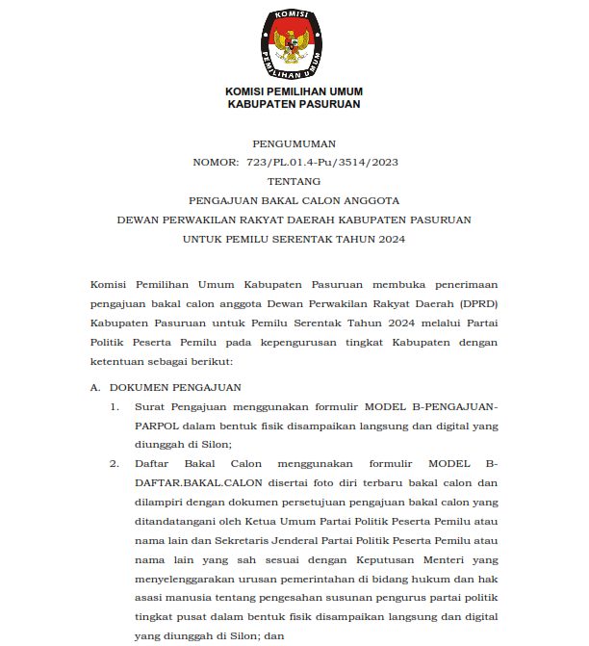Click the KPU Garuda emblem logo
tap(294, 44)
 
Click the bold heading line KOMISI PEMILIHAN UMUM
tap(294, 91)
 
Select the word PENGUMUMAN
tap(294, 142)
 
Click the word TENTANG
tap(294, 181)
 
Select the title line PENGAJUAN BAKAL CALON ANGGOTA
tap(294, 200)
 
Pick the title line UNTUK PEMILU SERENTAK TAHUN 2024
tap(294, 239)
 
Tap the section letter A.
tap(94, 387)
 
